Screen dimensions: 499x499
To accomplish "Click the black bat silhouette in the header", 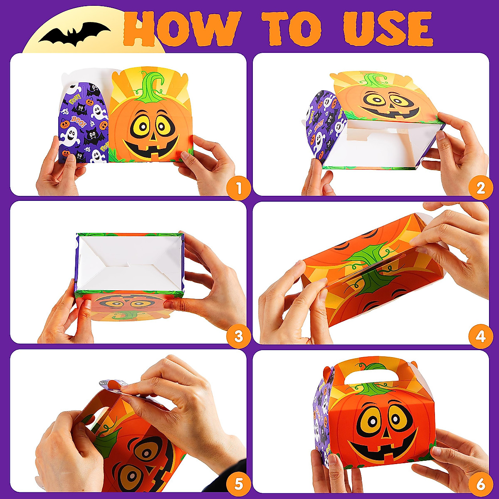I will pyautogui.click(x=74, y=33).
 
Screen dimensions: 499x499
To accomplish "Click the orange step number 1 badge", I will pyautogui.click(x=238, y=188).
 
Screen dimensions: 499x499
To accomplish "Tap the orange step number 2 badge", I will pyautogui.click(x=481, y=188).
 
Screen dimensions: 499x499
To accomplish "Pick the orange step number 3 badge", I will pyautogui.click(x=238, y=336).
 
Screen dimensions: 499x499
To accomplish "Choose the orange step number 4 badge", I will pyautogui.click(x=481, y=336).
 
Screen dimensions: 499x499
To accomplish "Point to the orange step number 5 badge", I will pyautogui.click(x=238, y=484).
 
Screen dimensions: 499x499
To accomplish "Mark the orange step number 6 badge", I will pyautogui.click(x=481, y=484).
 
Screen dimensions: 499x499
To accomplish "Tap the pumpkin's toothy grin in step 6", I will pyautogui.click(x=383, y=451).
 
